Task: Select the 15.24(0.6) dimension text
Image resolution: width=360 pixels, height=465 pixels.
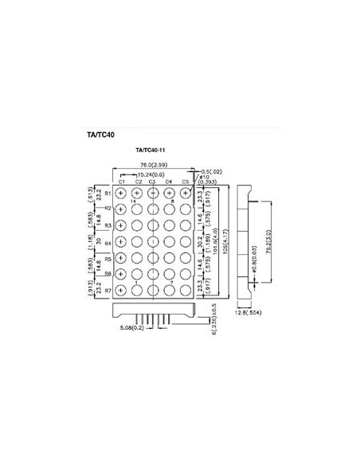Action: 151,174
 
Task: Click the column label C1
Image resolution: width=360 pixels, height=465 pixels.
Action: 121,182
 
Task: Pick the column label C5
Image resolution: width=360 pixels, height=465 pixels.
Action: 185,182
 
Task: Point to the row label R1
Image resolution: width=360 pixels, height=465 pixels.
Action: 108,193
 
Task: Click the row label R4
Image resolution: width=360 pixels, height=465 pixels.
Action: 108,242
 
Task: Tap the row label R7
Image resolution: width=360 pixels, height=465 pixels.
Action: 108,291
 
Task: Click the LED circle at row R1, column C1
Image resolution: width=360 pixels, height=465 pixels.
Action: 121,193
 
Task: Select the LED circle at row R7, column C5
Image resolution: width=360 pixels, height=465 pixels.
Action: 186,291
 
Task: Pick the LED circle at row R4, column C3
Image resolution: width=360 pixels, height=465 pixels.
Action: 153,241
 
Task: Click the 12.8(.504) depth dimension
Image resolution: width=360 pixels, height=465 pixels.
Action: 249,313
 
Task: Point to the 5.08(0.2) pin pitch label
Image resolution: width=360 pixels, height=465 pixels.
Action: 131,327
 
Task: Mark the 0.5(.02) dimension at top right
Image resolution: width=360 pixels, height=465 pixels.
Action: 211,171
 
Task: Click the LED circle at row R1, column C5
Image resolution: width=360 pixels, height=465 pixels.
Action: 186,193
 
